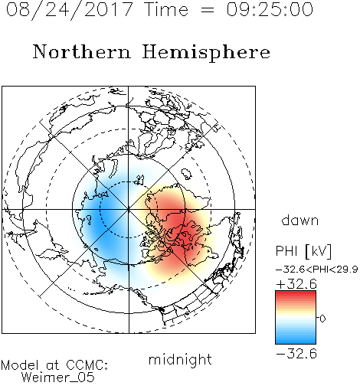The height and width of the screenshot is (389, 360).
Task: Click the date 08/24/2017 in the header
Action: tap(69, 9)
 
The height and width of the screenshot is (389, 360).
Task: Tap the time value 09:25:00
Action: tap(270, 9)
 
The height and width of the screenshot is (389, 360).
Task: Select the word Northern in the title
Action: tap(82, 51)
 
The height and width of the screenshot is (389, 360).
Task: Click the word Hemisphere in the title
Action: tap(206, 52)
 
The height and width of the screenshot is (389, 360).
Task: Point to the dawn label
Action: tap(300, 220)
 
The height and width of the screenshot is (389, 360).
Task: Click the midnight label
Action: tap(180, 360)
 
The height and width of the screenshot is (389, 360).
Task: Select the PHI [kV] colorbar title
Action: tap(303, 251)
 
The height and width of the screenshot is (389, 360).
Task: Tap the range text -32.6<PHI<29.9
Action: tap(316, 270)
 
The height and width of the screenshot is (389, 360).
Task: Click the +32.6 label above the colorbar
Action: tap(296, 284)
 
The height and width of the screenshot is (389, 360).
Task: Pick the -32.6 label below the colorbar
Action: tap(296, 354)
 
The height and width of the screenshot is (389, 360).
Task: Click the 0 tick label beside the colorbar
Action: tap(322, 319)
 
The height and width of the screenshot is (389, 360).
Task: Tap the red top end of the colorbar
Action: tap(296, 293)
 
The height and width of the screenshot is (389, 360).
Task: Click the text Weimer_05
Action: tap(58, 378)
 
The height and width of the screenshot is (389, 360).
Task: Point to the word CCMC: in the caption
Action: tap(87, 365)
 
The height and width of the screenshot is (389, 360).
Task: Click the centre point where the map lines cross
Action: tap(129, 210)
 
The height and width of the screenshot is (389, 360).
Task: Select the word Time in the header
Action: tap(166, 9)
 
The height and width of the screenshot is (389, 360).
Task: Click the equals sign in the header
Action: tap(208, 10)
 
